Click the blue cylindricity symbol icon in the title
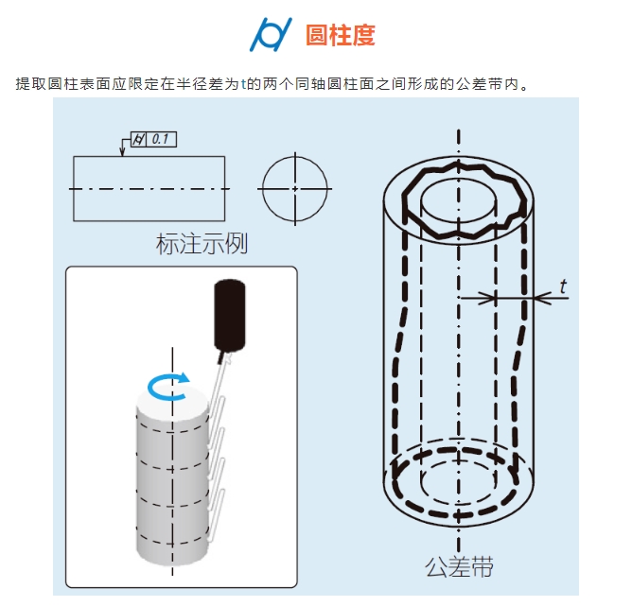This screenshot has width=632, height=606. (271, 35)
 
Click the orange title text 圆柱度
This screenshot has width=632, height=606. (341, 36)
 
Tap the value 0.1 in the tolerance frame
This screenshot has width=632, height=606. (160, 140)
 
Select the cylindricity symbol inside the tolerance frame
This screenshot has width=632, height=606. (139, 140)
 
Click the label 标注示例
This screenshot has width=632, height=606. (201, 244)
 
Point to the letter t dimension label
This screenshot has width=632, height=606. (564, 285)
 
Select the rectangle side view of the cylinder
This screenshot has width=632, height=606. (149, 188)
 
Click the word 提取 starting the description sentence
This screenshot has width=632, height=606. (28, 84)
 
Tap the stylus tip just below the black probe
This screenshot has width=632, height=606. (223, 357)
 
